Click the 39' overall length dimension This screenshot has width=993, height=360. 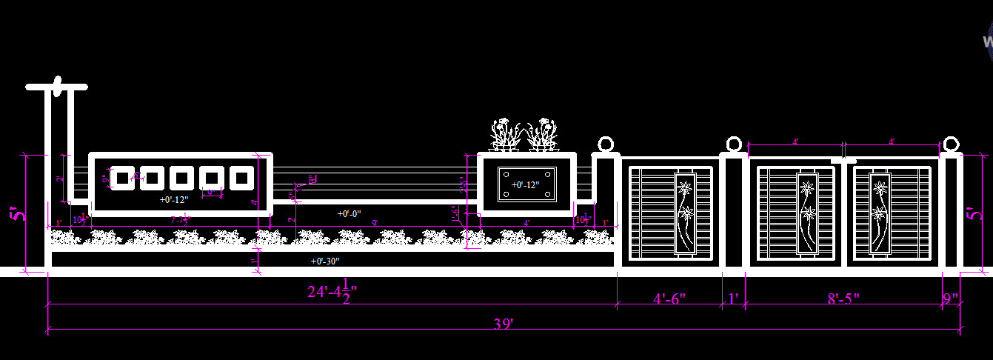(x=503, y=324)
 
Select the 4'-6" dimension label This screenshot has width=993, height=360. (x=669, y=299)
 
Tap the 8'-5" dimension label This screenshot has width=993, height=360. (x=843, y=299)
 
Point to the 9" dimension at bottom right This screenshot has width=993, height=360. (x=951, y=299)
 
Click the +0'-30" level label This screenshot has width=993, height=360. (x=326, y=261)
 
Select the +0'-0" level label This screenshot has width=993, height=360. (x=349, y=213)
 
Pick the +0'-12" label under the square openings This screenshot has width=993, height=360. (x=175, y=200)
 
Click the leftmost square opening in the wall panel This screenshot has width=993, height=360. (x=121, y=178)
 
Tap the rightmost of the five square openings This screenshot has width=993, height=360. (x=241, y=178)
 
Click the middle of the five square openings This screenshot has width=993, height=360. (x=181, y=178)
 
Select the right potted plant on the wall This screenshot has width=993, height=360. (x=544, y=135)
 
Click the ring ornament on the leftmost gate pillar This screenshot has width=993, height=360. (x=606, y=144)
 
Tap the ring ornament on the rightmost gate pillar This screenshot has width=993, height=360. (x=952, y=144)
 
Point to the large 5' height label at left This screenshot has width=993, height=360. (x=18, y=213)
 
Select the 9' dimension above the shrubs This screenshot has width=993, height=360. (x=375, y=222)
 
